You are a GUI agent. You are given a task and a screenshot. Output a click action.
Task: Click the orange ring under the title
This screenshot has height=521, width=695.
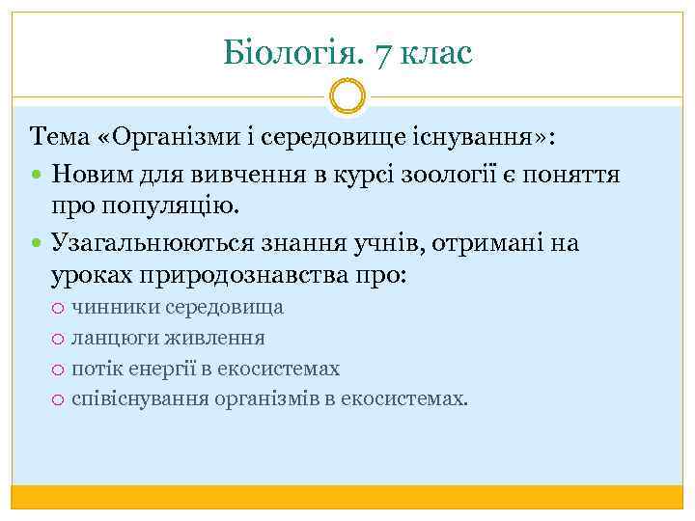point(347,96)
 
